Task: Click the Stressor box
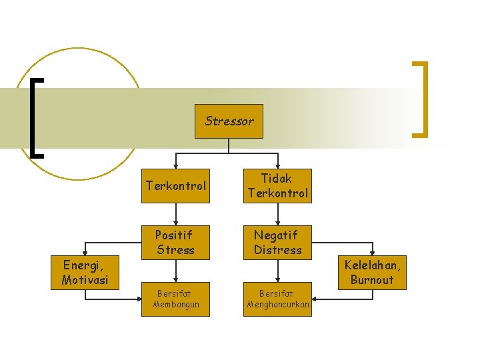[x=229, y=121]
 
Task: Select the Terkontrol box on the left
[x=176, y=186]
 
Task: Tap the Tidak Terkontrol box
[x=277, y=186]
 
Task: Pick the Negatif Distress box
[x=277, y=242]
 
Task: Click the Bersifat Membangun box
[x=176, y=299]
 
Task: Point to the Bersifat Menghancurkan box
[x=277, y=299]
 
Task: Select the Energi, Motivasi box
[x=85, y=273]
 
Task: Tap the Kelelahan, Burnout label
[x=373, y=272]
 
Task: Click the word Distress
[x=277, y=250]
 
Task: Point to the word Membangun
[x=176, y=305]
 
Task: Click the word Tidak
[x=277, y=178]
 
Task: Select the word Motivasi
[x=85, y=280]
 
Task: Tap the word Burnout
[x=373, y=279]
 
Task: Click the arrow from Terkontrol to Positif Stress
[x=176, y=213]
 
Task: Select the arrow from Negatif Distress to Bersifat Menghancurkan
[x=277, y=270]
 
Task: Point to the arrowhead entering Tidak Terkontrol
[x=277, y=165]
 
